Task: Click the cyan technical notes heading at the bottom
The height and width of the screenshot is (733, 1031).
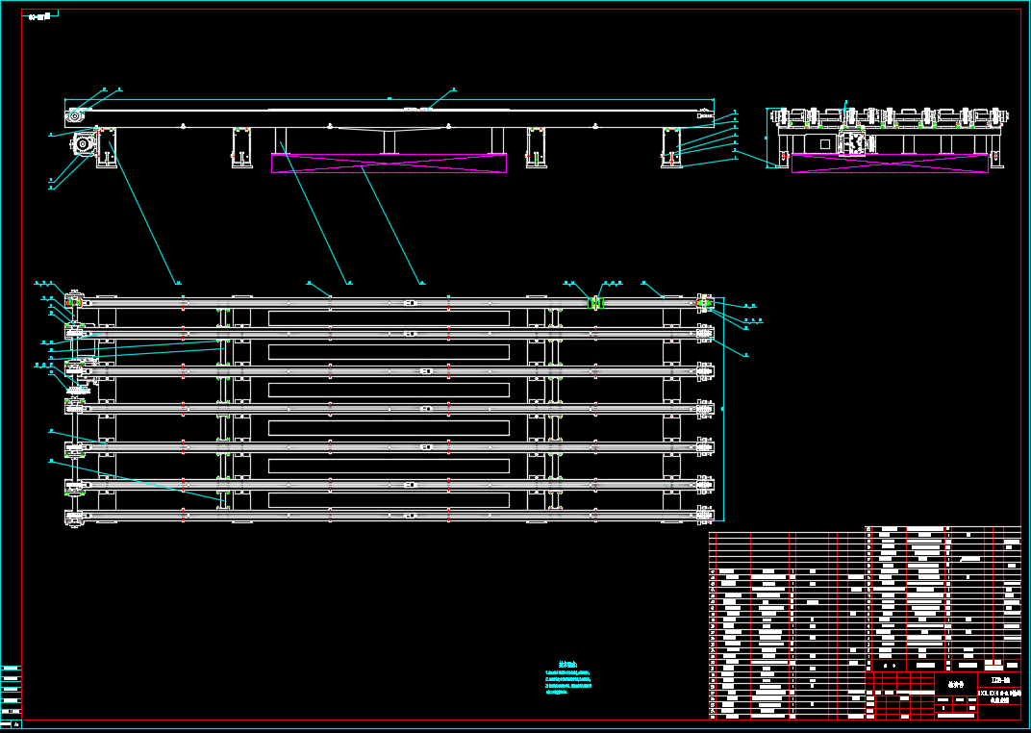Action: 567,664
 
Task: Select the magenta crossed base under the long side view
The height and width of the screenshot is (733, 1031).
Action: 389,163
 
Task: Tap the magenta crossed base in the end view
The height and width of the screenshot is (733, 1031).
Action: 890,163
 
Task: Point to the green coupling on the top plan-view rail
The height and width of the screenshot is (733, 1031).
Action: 595,303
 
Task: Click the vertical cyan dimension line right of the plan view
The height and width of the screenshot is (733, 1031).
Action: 723,409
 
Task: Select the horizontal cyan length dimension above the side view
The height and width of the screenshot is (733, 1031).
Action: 390,98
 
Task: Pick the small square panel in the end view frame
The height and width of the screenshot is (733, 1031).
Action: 824,143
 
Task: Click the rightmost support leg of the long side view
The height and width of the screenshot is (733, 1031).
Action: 672,147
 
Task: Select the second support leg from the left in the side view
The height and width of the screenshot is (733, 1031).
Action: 240,147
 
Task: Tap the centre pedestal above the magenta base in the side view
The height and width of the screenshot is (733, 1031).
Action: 390,140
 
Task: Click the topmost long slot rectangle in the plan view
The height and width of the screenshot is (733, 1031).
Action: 389,318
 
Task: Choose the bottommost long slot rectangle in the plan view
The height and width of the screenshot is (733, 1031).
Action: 389,500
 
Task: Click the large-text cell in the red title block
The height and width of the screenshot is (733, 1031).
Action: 955,684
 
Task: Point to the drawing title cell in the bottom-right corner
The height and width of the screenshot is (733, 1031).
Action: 999,695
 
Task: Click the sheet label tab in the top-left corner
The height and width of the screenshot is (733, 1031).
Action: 39,16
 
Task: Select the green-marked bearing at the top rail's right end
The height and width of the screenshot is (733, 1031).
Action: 705,304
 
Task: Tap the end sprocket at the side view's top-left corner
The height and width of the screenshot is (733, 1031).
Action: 74,116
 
